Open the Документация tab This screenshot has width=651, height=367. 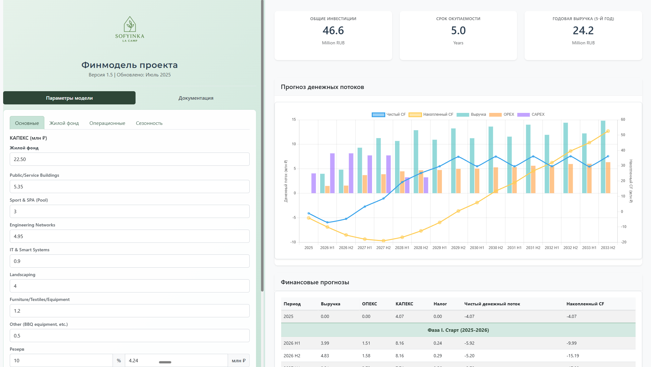(x=196, y=98)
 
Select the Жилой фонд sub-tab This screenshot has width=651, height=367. (x=64, y=123)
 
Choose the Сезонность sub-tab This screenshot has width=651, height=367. (x=149, y=123)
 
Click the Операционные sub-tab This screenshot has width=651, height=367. (x=107, y=123)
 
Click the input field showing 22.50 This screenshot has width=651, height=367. (x=130, y=159)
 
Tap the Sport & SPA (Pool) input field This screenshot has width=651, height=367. (x=130, y=211)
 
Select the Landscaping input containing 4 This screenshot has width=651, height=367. (x=130, y=286)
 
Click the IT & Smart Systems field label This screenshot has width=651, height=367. (x=30, y=250)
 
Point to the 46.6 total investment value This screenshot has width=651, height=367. (x=333, y=31)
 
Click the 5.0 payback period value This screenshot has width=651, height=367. (x=458, y=31)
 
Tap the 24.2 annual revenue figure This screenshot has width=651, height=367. (x=583, y=31)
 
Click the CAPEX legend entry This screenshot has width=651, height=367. (x=531, y=114)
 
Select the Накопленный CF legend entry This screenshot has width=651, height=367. (x=431, y=114)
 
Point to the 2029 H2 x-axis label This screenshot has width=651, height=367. (x=458, y=248)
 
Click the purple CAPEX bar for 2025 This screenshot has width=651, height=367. (x=314, y=183)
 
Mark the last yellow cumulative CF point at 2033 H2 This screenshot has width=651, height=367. (x=608, y=131)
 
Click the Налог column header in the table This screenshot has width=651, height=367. (x=440, y=304)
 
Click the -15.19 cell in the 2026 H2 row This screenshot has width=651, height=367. (x=573, y=356)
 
